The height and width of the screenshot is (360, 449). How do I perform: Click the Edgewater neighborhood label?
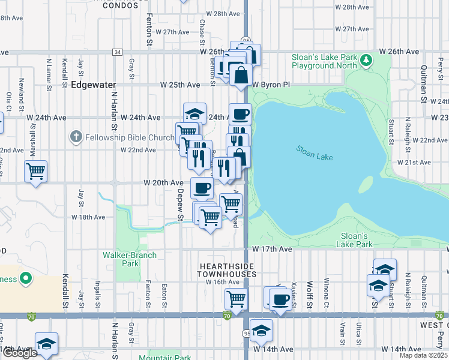click(93, 85)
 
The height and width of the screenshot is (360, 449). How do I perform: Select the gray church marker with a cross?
click(76, 137)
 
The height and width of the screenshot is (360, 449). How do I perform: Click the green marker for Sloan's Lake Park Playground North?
click(366, 61)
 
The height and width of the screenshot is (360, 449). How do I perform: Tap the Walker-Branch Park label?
click(130, 259)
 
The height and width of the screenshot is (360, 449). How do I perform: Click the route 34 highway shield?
click(117, 52)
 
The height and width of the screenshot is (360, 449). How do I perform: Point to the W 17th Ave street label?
click(272, 248)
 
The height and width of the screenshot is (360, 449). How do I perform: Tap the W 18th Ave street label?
click(88, 217)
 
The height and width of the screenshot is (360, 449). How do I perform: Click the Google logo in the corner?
click(20, 353)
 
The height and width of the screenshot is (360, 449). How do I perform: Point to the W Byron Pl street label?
click(271, 85)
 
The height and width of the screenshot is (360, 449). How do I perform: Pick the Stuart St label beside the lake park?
click(391, 128)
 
